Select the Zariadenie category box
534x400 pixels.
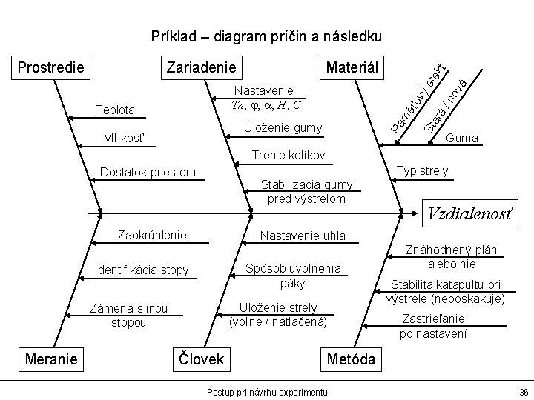pos(202,67)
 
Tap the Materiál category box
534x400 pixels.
pos(351,67)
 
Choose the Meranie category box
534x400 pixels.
pos(51,359)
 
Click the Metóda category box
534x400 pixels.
pos(352,359)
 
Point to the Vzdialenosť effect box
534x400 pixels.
pos(471,213)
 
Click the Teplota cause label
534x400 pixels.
pos(116,110)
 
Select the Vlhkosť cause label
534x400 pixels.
pos(122,139)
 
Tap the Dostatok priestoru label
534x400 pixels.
pos(148,173)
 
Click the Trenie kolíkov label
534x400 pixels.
pos(289,156)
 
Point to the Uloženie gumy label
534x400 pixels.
pos(283,128)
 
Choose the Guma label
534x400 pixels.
pos(462,139)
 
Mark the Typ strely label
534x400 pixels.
pos(423,171)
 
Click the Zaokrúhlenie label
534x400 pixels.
pos(153,236)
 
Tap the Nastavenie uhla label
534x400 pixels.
pos(302,236)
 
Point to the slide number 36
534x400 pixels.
pos(523,391)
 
